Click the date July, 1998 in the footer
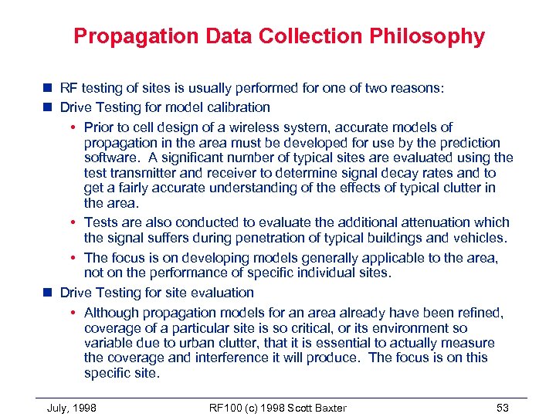(71, 408)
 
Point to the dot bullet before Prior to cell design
(73, 127)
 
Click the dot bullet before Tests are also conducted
(73, 222)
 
